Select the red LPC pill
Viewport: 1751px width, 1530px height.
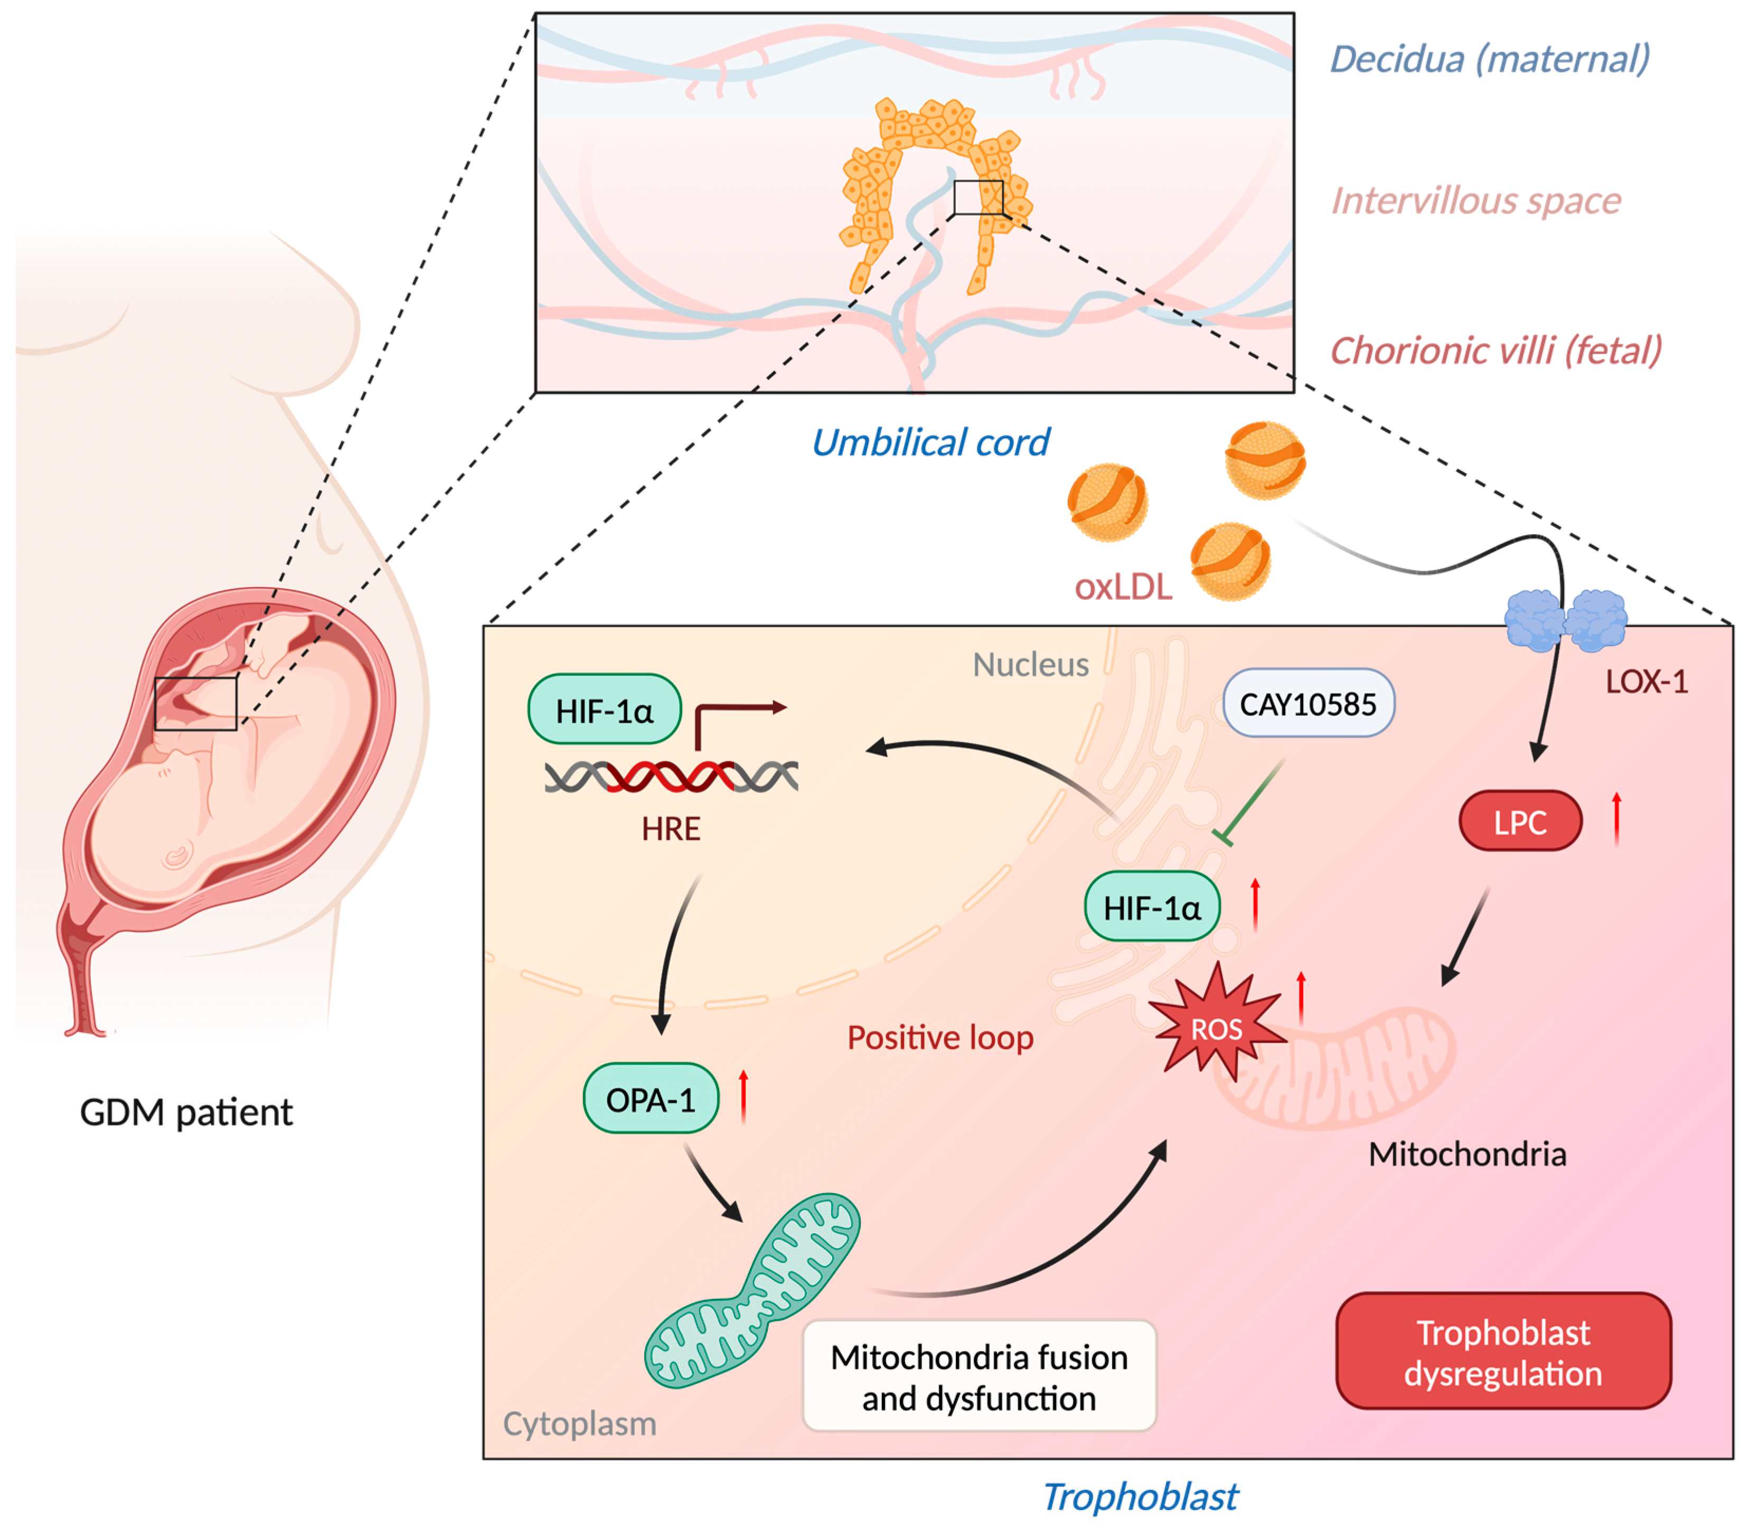coord(1520,821)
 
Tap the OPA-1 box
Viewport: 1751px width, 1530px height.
coord(651,1099)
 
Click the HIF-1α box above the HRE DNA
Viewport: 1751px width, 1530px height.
coord(605,710)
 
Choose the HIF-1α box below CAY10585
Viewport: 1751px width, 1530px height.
coord(1152,906)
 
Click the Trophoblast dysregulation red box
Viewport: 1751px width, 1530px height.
coord(1503,1352)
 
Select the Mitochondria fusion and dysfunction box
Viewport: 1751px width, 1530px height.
coord(979,1376)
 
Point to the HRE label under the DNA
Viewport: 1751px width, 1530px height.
coord(671,829)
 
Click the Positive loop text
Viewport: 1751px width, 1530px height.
coord(940,1038)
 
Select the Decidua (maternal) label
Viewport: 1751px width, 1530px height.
coord(1490,59)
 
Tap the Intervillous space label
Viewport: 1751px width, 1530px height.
coord(1476,201)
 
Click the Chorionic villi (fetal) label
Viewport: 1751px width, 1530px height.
coord(1496,350)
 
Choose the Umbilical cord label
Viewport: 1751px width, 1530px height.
coord(930,442)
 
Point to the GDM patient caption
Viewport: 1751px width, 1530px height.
coord(186,1112)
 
